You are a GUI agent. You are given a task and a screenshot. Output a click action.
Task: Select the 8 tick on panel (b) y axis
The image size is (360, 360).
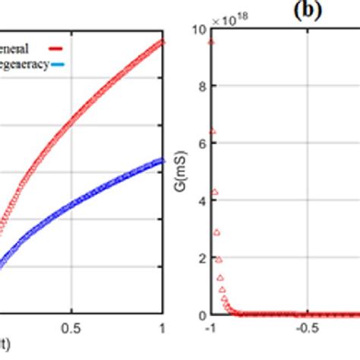coord(201,87)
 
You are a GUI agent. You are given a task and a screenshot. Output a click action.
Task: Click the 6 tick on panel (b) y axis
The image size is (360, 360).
coord(201,144)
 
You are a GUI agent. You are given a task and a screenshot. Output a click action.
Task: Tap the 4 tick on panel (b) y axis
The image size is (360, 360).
coord(201,201)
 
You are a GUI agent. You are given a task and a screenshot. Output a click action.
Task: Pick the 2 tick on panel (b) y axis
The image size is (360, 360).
coord(201,257)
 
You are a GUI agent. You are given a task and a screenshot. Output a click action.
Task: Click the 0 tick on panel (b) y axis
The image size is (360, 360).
coord(201,314)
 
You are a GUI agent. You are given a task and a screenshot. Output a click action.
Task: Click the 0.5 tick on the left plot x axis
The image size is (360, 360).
coord(71,327)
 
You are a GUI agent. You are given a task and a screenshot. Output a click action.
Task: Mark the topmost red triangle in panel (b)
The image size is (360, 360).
coord(211,41)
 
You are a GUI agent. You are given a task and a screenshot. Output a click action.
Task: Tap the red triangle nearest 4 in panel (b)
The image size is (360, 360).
coord(214,192)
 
